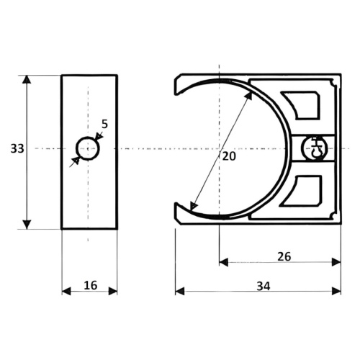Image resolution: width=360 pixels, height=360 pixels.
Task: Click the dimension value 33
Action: pyautogui.click(x=17, y=148)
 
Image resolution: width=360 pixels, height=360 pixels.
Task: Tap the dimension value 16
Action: pyautogui.click(x=91, y=285)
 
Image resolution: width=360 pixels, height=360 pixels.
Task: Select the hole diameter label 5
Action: pyautogui.click(x=104, y=124)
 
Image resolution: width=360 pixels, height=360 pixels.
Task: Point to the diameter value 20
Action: pyautogui.click(x=229, y=156)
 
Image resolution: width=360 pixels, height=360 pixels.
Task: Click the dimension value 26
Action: pyautogui.click(x=284, y=256)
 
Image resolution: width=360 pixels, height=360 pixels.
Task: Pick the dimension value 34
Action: pyautogui.click(x=264, y=286)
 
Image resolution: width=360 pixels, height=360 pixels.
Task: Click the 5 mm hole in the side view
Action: pyautogui.click(x=88, y=148)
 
